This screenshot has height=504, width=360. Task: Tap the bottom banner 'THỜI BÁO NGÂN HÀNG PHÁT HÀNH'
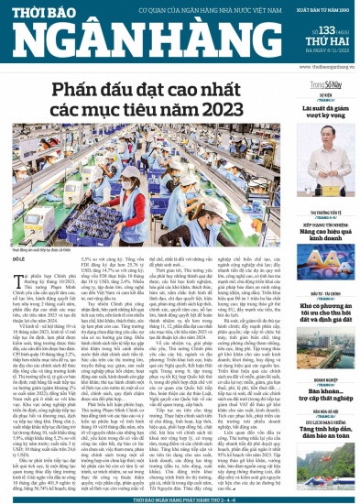179,497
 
